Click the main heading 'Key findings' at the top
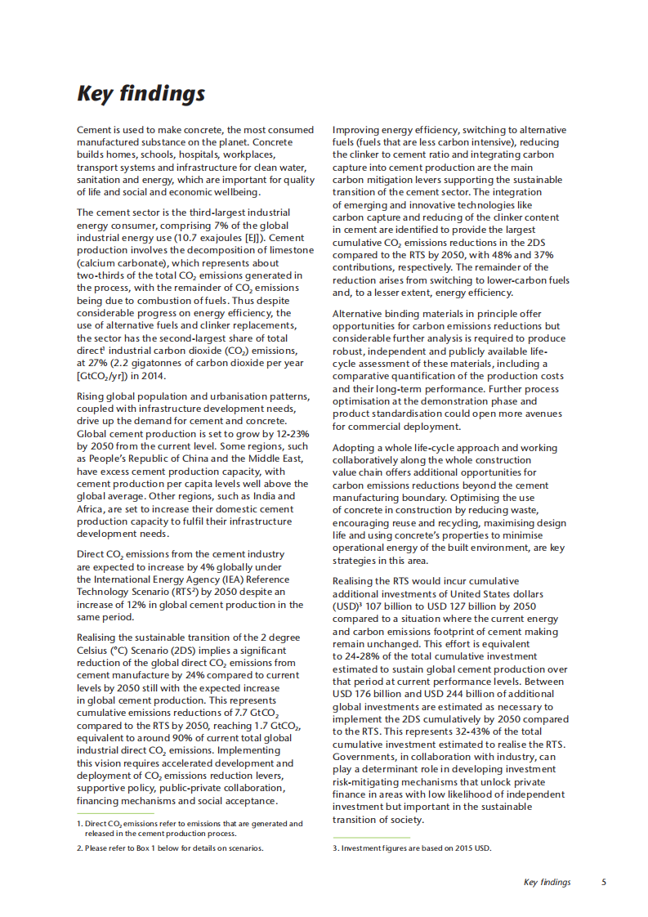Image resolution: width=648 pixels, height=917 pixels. click(141, 93)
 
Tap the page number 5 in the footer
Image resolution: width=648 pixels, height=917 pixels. click(603, 882)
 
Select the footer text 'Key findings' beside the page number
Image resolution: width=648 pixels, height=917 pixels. click(547, 882)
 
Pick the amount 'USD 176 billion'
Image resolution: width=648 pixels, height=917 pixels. click(369, 694)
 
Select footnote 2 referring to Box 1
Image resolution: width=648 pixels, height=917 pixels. click(169, 848)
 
